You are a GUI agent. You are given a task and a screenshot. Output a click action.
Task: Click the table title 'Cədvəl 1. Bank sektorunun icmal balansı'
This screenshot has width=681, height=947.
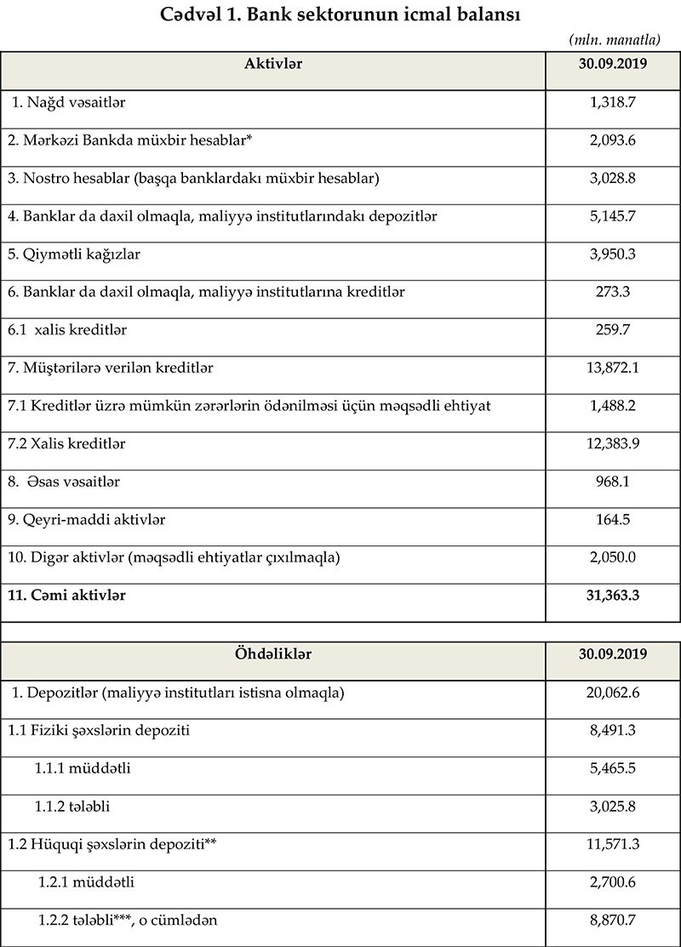click(x=340, y=15)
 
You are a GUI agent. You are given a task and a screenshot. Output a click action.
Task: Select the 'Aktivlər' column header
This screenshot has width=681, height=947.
click(x=273, y=64)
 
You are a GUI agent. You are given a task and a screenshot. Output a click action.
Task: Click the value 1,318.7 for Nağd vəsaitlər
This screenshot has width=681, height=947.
click(x=613, y=102)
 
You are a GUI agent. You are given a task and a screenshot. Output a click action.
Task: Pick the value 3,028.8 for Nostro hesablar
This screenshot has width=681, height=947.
click(x=613, y=178)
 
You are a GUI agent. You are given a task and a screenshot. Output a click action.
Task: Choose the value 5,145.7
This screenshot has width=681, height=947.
click(x=613, y=216)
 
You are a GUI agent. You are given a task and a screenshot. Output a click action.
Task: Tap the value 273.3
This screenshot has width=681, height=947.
click(x=613, y=292)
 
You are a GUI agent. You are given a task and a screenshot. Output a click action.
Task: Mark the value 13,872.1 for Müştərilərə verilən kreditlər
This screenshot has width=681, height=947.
click(x=613, y=368)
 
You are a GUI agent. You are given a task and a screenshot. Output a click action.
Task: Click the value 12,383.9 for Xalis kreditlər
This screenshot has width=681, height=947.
click(x=613, y=443)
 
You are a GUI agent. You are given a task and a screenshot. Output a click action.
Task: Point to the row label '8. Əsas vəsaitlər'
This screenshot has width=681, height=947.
click(x=64, y=482)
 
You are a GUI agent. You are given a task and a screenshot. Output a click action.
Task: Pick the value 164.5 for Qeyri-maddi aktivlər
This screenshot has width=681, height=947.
click(x=613, y=519)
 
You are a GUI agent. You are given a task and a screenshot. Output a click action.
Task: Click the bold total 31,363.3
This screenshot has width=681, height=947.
click(x=613, y=596)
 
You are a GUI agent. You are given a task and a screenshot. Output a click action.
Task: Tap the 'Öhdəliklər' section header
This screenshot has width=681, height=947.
click(x=273, y=654)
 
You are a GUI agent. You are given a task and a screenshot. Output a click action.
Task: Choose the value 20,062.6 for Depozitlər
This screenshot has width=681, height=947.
click(x=613, y=693)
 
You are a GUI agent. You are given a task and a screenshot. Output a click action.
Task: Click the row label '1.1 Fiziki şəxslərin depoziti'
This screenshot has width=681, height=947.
click(x=99, y=731)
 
